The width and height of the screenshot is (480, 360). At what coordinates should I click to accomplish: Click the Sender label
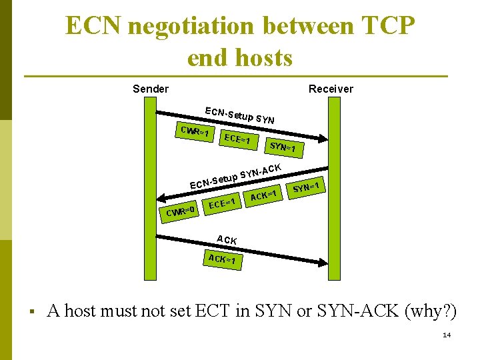[x=151, y=89]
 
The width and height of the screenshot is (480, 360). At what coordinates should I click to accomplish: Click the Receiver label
[x=331, y=89]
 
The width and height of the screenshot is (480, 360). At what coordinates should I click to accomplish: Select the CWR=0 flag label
[x=180, y=212]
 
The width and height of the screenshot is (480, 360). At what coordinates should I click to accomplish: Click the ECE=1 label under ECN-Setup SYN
[x=237, y=140]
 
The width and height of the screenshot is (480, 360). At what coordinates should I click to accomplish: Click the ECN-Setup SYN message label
[x=241, y=116]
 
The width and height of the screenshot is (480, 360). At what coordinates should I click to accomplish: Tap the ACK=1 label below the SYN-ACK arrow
[x=263, y=195]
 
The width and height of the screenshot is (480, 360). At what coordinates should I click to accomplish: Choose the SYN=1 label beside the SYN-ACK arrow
[x=308, y=187]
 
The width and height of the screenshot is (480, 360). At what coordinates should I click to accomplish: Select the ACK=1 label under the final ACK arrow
[x=223, y=259]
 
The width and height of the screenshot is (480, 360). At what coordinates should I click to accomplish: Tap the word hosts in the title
[x=267, y=58]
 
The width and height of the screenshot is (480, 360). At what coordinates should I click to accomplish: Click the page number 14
[x=447, y=335]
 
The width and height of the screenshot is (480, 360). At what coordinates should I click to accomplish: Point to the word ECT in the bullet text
[x=213, y=311]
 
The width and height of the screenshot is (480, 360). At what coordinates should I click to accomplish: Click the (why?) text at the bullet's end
[x=431, y=311]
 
